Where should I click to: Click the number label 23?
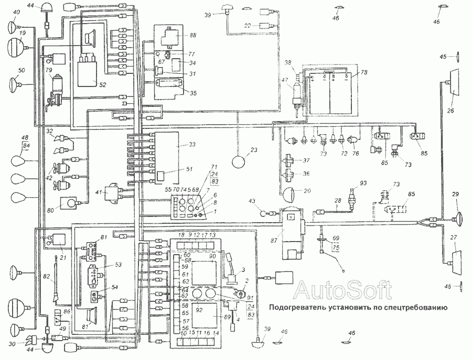(x=254, y=150)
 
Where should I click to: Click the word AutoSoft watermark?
(x=342, y=289)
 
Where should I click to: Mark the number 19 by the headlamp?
(x=22, y=32)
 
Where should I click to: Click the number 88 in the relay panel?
(x=192, y=36)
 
